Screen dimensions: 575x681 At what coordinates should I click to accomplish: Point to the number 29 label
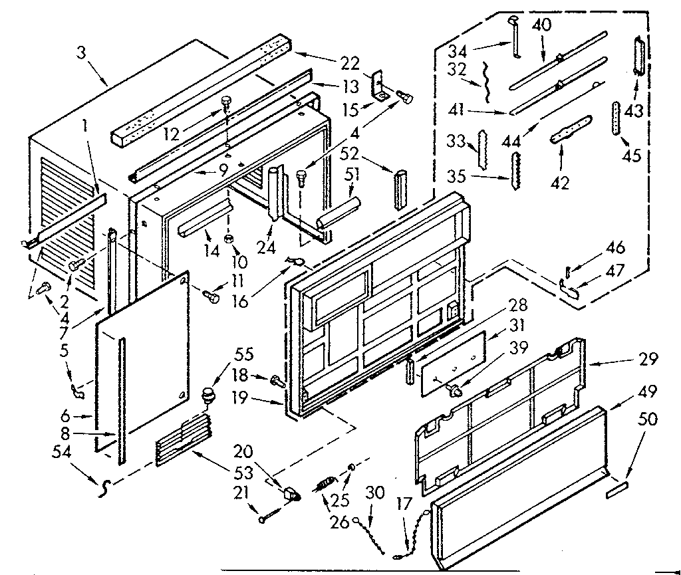pos(646,360)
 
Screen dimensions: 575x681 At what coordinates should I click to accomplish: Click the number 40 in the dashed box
pos(542,25)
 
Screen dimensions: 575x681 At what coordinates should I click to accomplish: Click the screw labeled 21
pos(267,515)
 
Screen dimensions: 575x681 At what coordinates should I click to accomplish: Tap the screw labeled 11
pos(212,296)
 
